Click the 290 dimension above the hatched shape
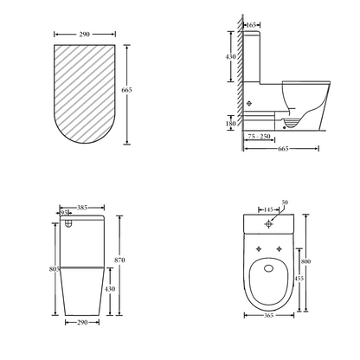point(84,35)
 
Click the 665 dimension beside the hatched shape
point(126,90)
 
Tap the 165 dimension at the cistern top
point(252,25)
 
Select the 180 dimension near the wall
point(231,124)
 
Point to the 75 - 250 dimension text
point(259,136)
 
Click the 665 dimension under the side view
point(283,149)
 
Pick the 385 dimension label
point(82,208)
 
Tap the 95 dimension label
point(65,213)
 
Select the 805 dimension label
point(55,269)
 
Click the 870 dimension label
point(119,260)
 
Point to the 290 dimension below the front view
point(82,322)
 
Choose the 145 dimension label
point(268,209)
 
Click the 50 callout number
point(285,202)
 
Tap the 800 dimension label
point(305,261)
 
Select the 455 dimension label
point(299,279)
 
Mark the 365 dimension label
point(268,315)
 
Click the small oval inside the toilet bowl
point(269,268)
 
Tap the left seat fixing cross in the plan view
point(259,248)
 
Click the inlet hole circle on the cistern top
point(269,223)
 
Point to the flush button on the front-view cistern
point(68,223)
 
